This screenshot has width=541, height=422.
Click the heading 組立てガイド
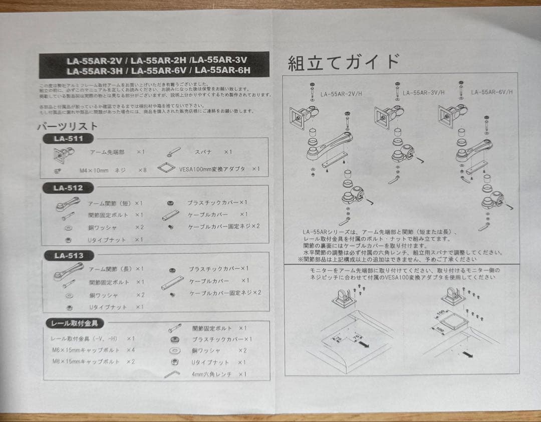(x=343, y=63)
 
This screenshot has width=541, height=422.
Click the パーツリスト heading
(x=67, y=126)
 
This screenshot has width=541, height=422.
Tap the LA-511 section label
(x=68, y=138)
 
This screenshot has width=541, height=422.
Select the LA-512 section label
(x=68, y=188)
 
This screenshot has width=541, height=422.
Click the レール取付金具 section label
(x=75, y=324)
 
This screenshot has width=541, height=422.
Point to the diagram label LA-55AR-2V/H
(x=340, y=94)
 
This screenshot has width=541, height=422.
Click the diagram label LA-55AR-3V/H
(x=424, y=93)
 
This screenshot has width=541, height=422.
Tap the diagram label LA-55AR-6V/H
(x=491, y=93)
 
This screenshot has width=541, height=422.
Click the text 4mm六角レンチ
(x=211, y=374)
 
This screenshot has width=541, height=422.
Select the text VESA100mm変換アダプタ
(x=212, y=169)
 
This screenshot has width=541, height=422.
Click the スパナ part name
(x=203, y=151)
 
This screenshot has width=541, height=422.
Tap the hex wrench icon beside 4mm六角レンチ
(x=172, y=374)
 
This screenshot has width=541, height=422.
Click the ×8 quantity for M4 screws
(x=142, y=170)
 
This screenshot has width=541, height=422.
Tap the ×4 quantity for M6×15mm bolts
(x=131, y=350)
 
